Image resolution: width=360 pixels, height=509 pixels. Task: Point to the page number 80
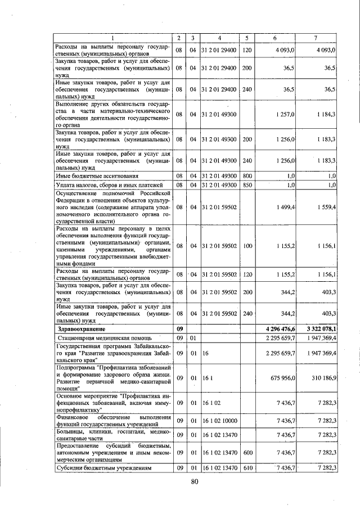195,481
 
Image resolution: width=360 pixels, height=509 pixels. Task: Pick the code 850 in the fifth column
246,184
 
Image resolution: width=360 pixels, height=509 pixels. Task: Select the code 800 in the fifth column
246,176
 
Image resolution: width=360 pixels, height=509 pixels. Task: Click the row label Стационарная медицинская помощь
103,338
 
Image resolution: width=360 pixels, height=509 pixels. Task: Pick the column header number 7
315,38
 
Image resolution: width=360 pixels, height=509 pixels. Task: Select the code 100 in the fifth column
246,246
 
